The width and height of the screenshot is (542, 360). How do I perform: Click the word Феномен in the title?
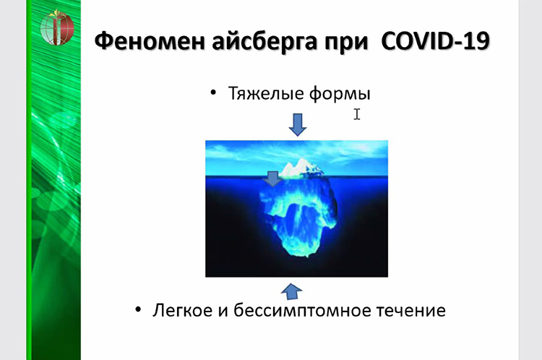150,41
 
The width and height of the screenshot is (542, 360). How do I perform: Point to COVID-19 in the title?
435,40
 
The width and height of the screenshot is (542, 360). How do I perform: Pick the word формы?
340,94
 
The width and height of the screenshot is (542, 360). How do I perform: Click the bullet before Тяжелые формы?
213,93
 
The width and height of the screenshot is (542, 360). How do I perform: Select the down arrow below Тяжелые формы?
297,124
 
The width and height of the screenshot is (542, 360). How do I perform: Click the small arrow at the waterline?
272,179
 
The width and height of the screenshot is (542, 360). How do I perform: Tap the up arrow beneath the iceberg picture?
292,291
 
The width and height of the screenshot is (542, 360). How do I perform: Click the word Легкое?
183,310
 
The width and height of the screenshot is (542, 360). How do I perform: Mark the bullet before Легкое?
138,309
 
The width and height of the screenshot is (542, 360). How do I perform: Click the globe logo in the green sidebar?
57,28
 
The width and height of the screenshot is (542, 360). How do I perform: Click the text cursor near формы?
357,114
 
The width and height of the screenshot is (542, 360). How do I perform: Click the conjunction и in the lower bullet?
223,311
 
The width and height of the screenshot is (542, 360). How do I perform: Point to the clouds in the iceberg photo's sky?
296,152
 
